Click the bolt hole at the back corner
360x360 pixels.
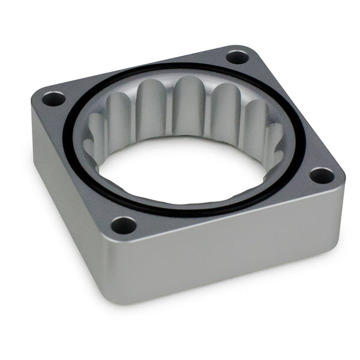[238, 57]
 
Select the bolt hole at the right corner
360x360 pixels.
[322, 176]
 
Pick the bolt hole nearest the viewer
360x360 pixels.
[124, 226]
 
